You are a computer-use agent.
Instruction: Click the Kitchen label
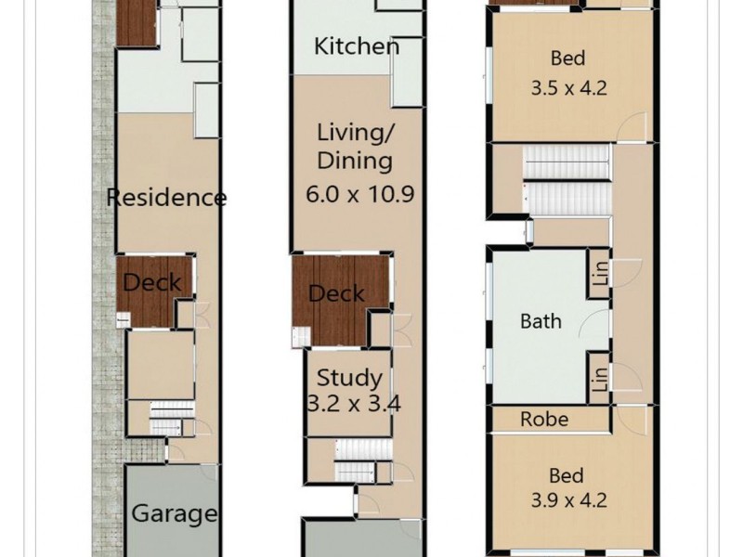click(357, 45)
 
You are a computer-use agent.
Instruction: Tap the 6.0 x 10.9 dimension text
click(358, 195)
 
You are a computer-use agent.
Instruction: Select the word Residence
click(166, 197)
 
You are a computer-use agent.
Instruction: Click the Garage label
click(174, 513)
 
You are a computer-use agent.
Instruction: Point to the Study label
click(349, 378)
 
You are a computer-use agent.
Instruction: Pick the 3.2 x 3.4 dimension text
click(349, 404)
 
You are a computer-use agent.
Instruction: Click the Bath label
click(541, 321)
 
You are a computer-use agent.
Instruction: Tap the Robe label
click(543, 419)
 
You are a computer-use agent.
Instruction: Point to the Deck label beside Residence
click(152, 282)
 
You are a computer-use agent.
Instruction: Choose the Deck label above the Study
click(335, 294)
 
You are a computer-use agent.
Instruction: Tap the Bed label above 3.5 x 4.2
click(567, 58)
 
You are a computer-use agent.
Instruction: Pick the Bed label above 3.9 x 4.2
click(567, 476)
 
